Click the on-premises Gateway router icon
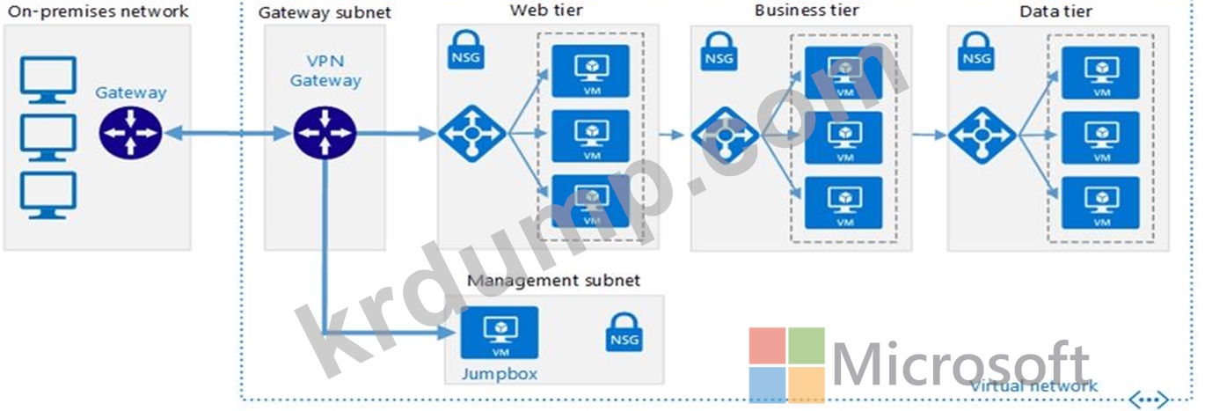click(x=130, y=134)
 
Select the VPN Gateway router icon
click(x=325, y=134)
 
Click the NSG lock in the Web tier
click(x=464, y=51)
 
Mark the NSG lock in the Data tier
click(x=976, y=52)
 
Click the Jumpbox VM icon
click(x=500, y=333)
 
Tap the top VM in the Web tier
click(x=590, y=71)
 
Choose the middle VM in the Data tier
click(x=1100, y=137)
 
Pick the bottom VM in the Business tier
click(x=844, y=202)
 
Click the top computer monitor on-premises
click(x=47, y=80)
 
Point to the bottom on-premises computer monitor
click(x=47, y=194)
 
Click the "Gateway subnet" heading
click(x=325, y=13)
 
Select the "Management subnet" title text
click(x=553, y=281)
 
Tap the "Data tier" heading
click(x=1056, y=11)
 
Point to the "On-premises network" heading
click(x=98, y=11)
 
